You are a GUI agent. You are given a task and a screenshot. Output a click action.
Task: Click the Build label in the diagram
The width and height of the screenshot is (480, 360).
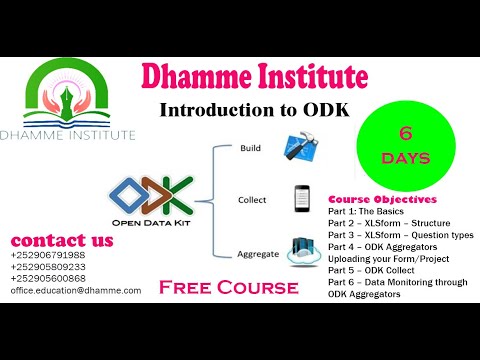point(250,148)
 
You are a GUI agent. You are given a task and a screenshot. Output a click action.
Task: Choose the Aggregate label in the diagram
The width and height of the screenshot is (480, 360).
point(258,254)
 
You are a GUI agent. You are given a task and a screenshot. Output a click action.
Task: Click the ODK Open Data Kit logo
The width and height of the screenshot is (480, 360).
point(153,202)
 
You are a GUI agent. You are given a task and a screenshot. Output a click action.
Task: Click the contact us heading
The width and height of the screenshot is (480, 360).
point(61,240)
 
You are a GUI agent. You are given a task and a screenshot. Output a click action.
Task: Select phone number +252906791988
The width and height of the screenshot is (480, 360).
point(48,256)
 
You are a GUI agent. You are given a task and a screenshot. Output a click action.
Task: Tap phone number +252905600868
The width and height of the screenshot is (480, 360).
point(48,278)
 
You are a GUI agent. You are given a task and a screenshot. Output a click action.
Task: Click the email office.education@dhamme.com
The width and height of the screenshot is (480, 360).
point(76,290)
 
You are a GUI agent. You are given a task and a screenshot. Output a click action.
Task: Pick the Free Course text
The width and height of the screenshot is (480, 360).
point(235,287)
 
